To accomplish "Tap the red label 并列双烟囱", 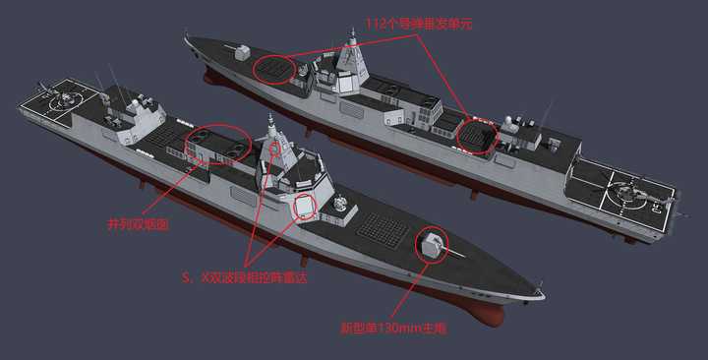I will click(x=138, y=224).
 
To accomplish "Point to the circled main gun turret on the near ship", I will click(x=433, y=243).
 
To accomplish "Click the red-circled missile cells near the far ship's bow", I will click(x=274, y=70).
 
